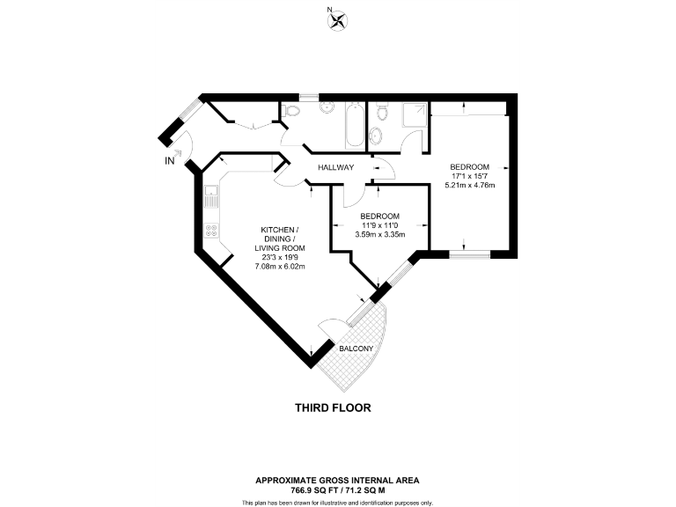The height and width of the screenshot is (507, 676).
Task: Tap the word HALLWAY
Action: tap(336, 167)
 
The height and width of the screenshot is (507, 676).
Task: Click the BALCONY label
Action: tap(356, 349)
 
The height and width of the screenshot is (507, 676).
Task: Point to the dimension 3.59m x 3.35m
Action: tap(380, 235)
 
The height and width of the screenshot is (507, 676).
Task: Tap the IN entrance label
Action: tap(170, 161)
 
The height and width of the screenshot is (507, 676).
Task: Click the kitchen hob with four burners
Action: tap(211, 231)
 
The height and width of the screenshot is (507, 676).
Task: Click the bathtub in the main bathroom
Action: tap(352, 125)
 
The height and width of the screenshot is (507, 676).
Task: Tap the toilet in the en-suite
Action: tap(380, 111)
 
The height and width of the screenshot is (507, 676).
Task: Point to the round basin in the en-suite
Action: tap(377, 135)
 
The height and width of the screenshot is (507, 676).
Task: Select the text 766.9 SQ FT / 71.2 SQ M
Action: tap(337, 489)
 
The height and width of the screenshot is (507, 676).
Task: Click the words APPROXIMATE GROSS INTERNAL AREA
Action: tap(337, 480)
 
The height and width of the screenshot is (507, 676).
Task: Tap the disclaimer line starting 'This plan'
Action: tap(337, 502)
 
